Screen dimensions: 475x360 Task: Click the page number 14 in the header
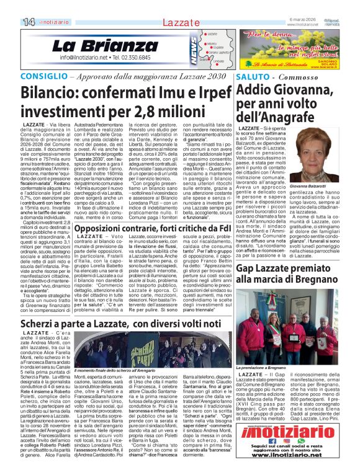[11, 22]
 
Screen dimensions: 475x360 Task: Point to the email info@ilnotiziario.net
[82, 57]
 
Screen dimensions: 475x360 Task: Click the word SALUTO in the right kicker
[253, 76]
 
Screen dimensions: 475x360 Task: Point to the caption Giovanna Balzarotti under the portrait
[308, 185]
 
